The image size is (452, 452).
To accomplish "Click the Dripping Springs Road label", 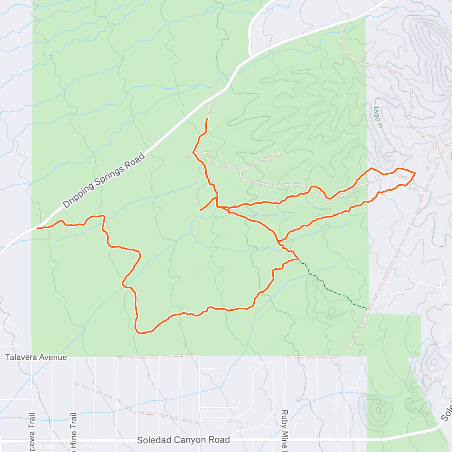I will pyautogui.click(x=104, y=180).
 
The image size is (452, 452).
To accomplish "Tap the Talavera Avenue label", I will pyautogui.click(x=36, y=357).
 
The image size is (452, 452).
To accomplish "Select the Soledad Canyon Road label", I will pyautogui.click(x=183, y=440).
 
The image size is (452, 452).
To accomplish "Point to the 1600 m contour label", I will pyautogui.click(x=377, y=116).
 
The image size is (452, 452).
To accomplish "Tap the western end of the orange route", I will pyautogui.click(x=37, y=228).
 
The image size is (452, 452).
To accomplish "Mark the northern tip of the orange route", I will pyautogui.click(x=208, y=119).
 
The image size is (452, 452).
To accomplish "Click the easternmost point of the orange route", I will pyautogui.click(x=415, y=173).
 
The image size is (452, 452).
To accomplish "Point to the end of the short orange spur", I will pyautogui.click(x=200, y=210).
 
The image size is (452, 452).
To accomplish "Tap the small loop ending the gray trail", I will pyautogui.click(x=279, y=154).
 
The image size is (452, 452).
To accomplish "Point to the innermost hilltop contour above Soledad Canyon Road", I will pyautogui.click(x=377, y=409).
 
